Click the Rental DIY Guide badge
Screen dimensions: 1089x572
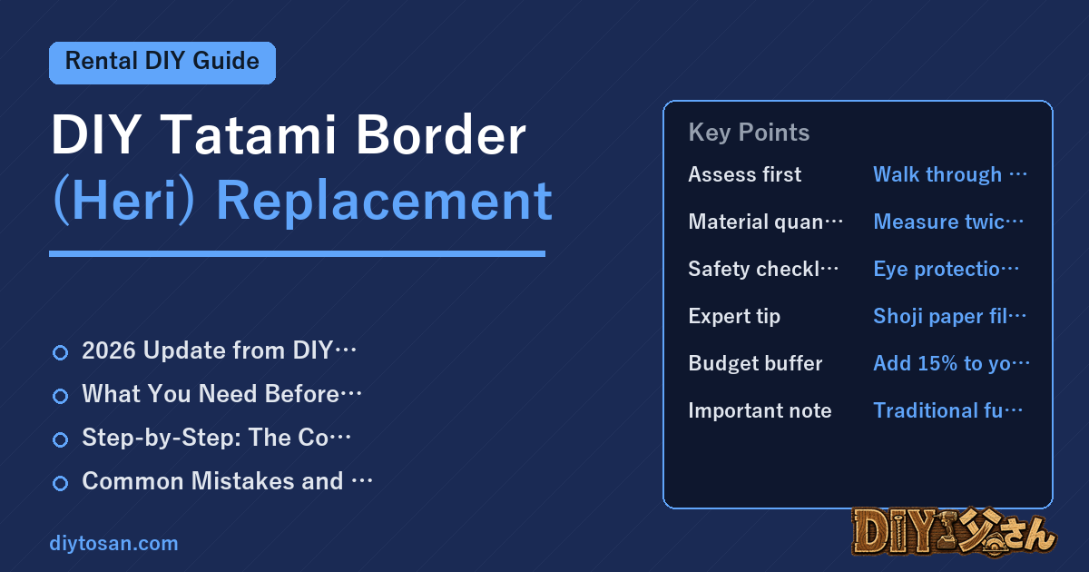point(162,63)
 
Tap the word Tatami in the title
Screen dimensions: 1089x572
point(248,134)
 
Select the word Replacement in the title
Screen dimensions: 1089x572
point(384,201)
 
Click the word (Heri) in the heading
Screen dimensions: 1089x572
point(124,202)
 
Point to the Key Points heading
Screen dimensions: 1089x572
point(749,133)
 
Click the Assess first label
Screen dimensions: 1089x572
point(744,174)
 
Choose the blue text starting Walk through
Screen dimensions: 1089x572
point(950,174)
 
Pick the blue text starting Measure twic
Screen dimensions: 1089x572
point(948,222)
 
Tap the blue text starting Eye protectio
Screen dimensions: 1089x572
point(946,269)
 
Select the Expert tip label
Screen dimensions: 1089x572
point(734,316)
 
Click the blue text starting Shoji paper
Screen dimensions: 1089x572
point(949,316)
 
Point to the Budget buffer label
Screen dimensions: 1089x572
point(755,363)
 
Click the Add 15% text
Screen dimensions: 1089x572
point(951,363)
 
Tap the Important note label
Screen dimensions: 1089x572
point(760,410)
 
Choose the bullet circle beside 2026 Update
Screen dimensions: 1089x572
point(60,352)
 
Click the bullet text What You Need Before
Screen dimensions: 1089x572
point(221,393)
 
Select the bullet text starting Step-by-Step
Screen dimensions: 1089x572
point(216,438)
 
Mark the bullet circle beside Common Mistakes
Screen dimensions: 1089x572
point(60,483)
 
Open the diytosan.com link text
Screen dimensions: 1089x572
point(113,543)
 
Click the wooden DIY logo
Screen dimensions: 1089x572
point(955,531)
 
